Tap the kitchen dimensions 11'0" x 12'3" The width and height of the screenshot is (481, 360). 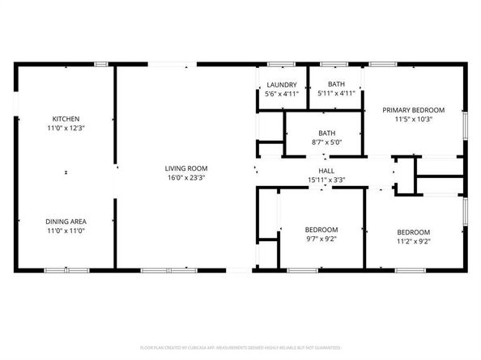point(66,128)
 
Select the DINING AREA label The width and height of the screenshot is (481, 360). point(66,222)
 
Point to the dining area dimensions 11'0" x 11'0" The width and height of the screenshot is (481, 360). point(66,231)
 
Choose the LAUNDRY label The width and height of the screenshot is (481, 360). point(282,85)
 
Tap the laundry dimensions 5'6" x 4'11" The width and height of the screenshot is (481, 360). point(282,94)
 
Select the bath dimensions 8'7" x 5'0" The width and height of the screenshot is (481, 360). point(327,142)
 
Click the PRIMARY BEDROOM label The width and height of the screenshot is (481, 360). point(414,110)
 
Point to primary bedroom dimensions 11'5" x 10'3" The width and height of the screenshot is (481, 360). point(414,119)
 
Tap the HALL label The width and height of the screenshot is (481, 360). point(326,171)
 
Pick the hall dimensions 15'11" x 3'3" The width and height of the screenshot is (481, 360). point(326,180)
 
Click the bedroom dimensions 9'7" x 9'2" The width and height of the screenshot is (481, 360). point(321,239)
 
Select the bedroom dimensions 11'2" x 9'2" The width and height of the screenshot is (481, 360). point(413,239)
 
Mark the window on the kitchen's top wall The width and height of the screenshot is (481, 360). point(101,64)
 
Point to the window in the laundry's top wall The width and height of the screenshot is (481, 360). point(280,64)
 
